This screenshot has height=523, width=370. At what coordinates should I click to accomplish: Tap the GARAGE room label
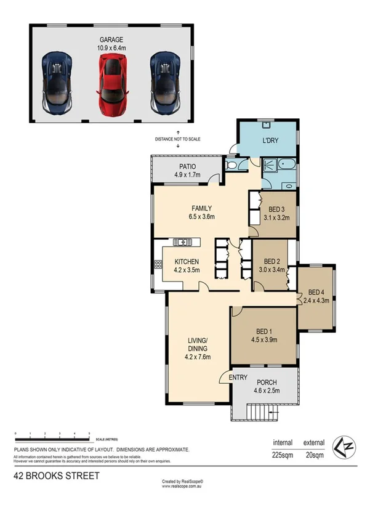click(111, 40)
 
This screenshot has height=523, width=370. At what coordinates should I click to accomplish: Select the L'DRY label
click(270, 140)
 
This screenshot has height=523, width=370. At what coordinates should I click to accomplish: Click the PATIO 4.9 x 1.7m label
click(187, 170)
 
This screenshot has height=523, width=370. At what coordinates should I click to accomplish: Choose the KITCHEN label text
click(186, 262)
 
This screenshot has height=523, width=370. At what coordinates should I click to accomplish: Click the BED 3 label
click(276, 209)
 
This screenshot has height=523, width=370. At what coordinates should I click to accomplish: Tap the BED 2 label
click(271, 261)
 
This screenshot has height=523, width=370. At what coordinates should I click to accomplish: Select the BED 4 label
click(316, 292)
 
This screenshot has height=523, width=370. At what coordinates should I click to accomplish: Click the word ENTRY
click(238, 378)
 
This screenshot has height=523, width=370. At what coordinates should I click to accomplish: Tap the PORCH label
click(267, 383)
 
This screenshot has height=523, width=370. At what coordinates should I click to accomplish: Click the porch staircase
click(259, 411)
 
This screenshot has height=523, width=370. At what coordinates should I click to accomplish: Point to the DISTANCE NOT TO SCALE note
click(178, 140)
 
